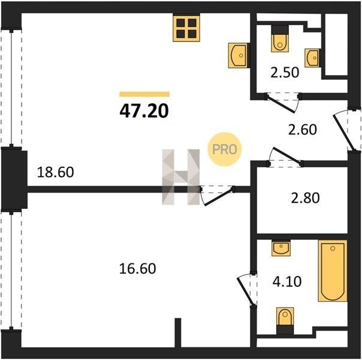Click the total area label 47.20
point(144,111)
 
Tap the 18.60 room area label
point(55,172)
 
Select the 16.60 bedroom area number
point(137,268)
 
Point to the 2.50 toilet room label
point(285,73)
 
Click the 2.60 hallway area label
point(303,130)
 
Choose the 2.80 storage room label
point(306,198)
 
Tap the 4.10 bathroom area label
point(287,281)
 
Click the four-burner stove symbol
point(186,29)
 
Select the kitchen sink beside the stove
point(239,55)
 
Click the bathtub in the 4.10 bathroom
point(333,271)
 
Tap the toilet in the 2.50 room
point(280,39)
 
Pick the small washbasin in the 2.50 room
point(312,58)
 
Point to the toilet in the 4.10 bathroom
point(285,321)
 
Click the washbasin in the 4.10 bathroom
point(281,248)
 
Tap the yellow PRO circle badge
point(224,149)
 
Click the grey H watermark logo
point(181,177)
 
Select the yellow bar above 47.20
point(144,94)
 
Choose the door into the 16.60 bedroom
point(217,196)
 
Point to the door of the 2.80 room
point(286,156)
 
